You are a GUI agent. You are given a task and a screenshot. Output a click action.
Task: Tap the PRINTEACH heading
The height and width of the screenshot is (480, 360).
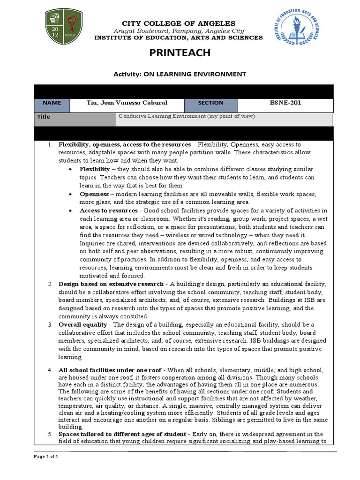point(180,53)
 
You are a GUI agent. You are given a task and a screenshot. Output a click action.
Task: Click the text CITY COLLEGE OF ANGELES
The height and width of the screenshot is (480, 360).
point(180,23)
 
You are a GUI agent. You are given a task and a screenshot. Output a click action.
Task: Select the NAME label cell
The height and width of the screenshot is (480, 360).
point(52,103)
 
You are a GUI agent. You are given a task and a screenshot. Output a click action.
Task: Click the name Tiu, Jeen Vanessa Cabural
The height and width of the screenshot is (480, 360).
point(127,103)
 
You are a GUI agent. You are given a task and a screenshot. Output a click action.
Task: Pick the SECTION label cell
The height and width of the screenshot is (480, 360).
point(210,103)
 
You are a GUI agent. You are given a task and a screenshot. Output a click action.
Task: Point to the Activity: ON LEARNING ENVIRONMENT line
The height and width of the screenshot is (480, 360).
point(180,74)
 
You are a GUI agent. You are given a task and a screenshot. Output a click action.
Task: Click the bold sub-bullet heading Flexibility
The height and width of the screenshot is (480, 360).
point(95,169)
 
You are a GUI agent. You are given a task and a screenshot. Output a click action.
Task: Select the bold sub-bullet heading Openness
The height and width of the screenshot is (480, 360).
point(94,194)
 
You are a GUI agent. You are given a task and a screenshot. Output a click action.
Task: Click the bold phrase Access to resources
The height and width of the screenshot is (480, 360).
point(110,210)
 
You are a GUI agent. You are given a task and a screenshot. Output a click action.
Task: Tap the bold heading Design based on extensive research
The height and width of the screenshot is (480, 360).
point(111,284)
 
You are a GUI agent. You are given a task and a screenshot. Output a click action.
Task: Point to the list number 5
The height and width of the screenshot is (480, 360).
point(51,434)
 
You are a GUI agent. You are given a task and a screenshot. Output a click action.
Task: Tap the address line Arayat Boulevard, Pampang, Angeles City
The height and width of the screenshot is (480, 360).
point(180,30)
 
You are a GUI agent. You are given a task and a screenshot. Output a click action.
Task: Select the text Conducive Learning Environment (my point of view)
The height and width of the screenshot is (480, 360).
point(187,117)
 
